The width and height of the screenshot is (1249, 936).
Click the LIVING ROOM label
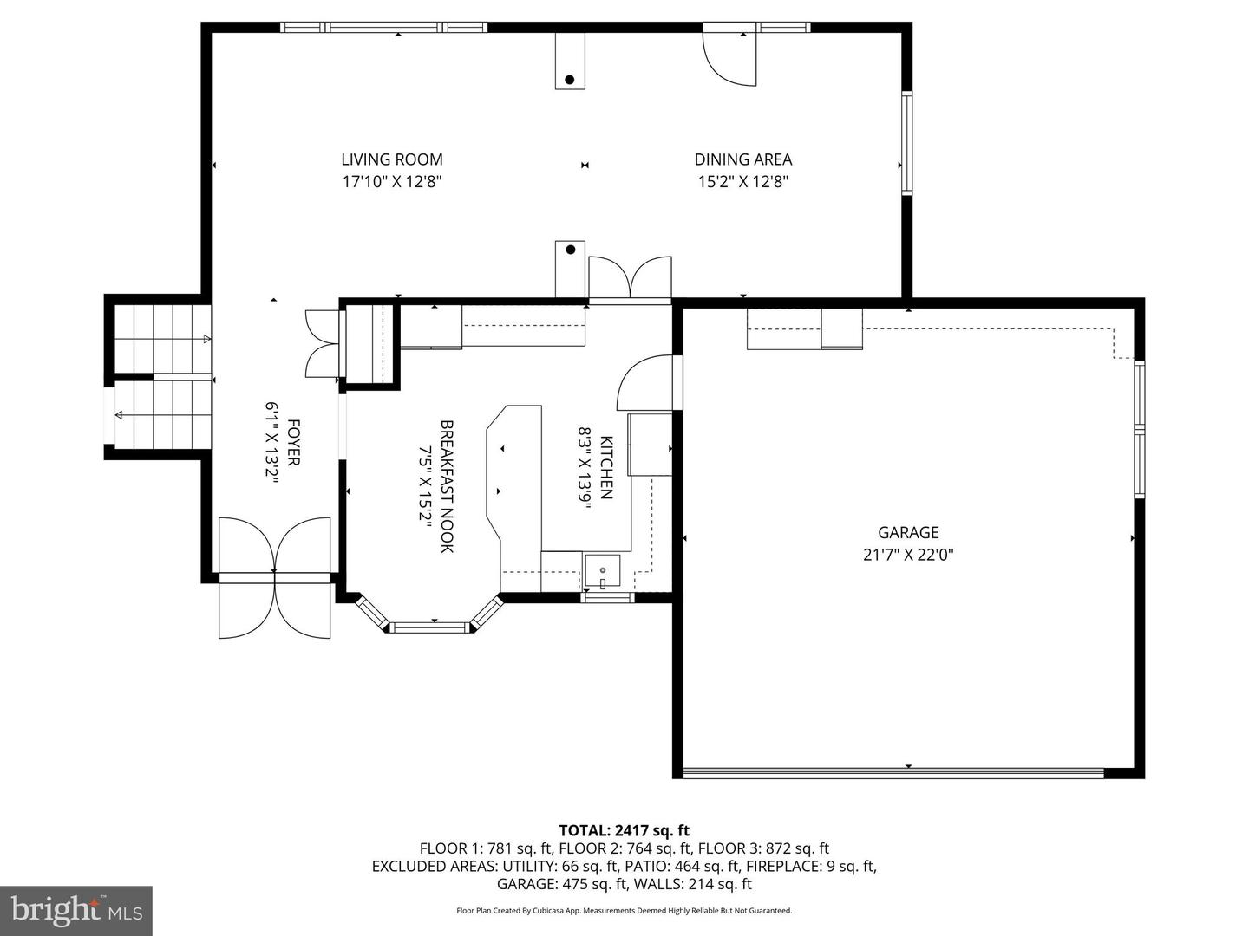[391, 159]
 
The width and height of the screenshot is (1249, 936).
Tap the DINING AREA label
[742, 159]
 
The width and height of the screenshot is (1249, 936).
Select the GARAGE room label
[908, 533]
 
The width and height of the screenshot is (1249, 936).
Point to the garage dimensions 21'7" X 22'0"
[908, 556]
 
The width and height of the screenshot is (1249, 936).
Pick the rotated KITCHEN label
[606, 467]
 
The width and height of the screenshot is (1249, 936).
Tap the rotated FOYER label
[293, 443]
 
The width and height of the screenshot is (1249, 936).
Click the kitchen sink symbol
[602, 572]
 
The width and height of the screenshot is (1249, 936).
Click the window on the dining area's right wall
[906, 143]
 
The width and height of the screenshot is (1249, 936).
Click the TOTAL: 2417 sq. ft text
[624, 830]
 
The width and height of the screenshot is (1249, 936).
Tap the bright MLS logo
[75, 910]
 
